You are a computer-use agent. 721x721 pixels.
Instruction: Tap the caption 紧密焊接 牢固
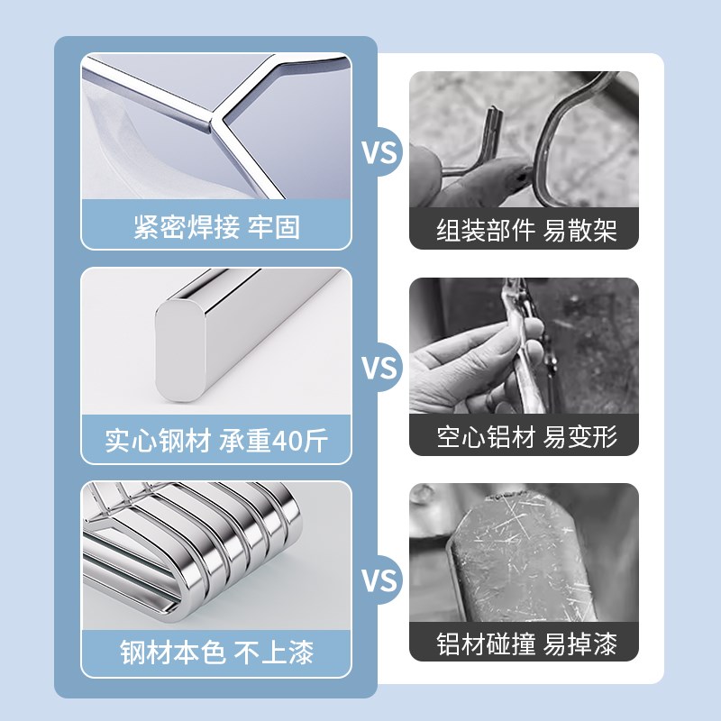pyautogui.click(x=215, y=227)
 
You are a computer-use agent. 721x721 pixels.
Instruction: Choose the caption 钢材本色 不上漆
pyautogui.click(x=215, y=653)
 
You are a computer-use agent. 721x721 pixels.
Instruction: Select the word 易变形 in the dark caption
pyautogui.click(x=581, y=437)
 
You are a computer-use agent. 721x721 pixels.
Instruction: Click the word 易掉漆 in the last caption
pyautogui.click(x=581, y=645)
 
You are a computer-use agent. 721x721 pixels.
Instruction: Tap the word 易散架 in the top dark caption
pyautogui.click(x=581, y=230)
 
